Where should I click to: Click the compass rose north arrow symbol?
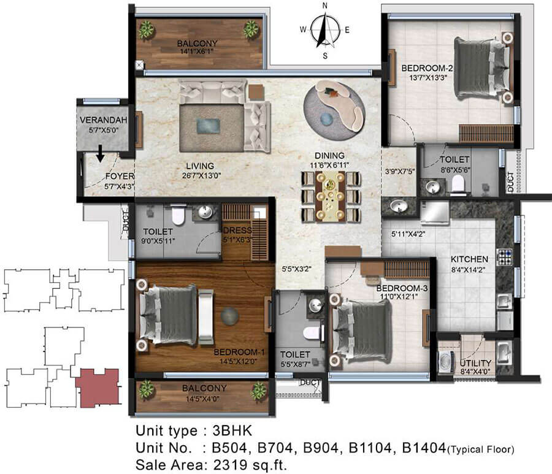tap(325, 30)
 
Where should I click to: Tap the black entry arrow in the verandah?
tap(101, 154)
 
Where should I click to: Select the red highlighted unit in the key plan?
tap(98, 388)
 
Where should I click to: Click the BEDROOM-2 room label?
tap(427, 68)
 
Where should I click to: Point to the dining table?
tap(331, 196)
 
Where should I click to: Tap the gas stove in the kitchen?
tap(504, 256)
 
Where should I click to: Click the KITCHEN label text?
tap(469, 259)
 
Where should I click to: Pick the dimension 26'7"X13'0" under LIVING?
tap(201, 175)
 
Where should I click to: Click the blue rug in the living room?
tap(208, 126)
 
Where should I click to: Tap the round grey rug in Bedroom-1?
tap(230, 316)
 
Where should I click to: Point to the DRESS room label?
tap(237, 231)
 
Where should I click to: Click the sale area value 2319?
tap(230, 465)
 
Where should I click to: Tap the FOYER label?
tap(120, 177)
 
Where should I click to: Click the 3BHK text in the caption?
tap(232, 430)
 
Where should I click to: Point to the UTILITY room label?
tap(475, 363)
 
